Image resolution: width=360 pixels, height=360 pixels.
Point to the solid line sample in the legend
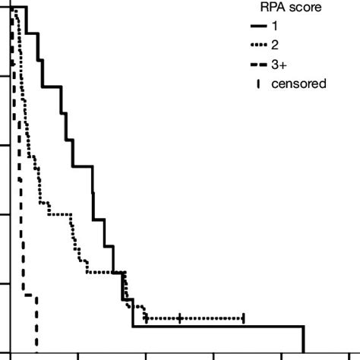click(x=261, y=27)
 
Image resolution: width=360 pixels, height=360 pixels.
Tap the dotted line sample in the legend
click(x=261, y=46)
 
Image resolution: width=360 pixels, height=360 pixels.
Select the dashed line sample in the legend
click(x=261, y=65)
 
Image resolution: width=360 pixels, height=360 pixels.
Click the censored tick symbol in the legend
click(x=261, y=84)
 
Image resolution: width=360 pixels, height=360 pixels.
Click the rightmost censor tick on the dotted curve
click(x=244, y=317)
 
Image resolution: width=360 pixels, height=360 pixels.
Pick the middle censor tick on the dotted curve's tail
click(x=180, y=317)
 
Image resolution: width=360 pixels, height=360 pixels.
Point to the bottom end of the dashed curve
click(x=36, y=348)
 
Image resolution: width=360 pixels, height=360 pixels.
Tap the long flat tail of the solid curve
click(x=220, y=327)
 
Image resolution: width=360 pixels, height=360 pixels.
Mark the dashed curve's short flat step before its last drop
click(x=30, y=295)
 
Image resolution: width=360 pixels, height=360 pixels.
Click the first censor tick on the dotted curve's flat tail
click(x=145, y=317)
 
